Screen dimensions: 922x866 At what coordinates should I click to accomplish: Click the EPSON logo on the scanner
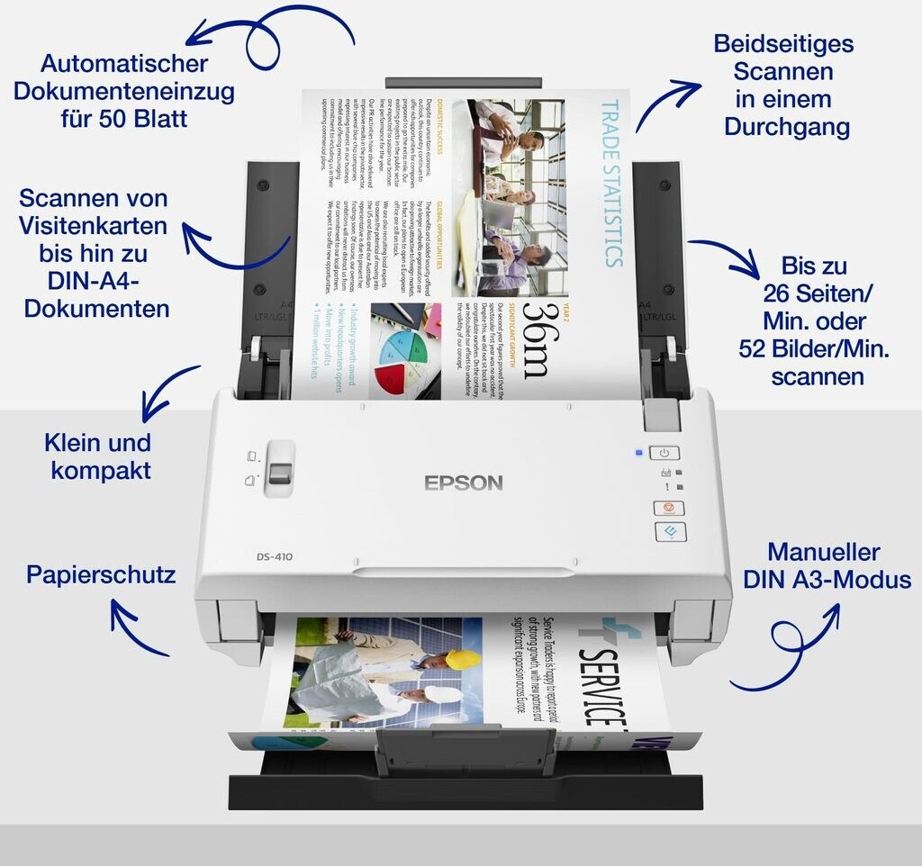point(463,483)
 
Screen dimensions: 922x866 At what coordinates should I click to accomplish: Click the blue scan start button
point(669,532)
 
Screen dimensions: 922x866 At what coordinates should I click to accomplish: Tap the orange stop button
point(667,508)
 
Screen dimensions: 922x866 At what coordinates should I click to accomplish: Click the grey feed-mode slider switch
point(281,470)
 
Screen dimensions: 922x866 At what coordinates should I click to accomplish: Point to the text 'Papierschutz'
point(100,574)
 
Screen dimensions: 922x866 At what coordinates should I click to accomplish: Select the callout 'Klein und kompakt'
point(98,456)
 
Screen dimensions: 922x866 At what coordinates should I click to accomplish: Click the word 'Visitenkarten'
point(95,225)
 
